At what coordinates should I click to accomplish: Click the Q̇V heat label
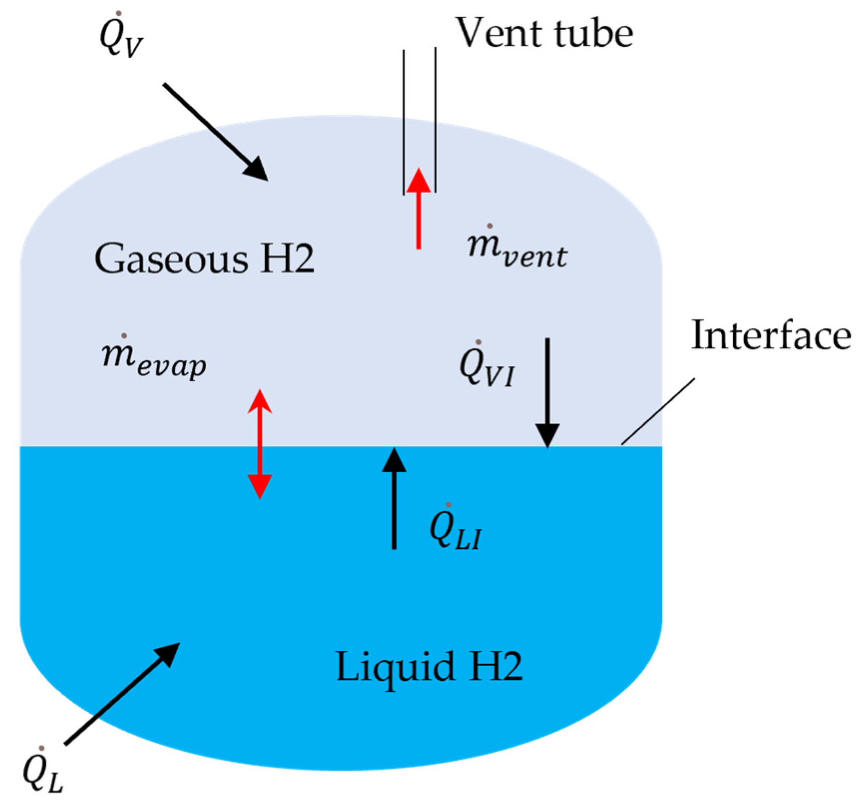[121, 37]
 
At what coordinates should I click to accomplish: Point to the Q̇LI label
[455, 530]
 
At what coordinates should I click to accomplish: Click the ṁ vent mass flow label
[517, 250]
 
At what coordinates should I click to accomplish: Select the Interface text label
[770, 335]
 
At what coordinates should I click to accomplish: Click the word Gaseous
[171, 259]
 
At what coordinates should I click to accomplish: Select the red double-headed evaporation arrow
[260, 444]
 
